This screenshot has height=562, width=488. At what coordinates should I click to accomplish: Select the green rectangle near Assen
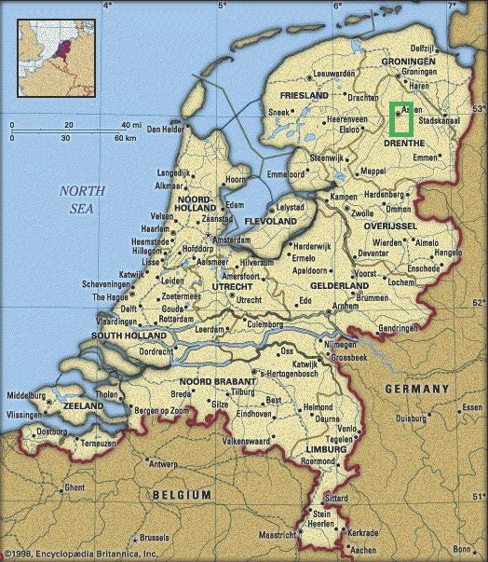click(402, 118)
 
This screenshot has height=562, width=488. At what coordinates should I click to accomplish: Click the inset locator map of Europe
click(52, 52)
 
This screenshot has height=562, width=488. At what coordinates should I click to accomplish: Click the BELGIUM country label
click(180, 494)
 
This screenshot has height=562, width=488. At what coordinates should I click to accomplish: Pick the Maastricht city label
click(278, 536)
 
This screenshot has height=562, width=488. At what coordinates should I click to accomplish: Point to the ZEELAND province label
click(83, 407)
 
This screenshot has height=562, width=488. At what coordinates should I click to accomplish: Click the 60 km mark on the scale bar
click(125, 138)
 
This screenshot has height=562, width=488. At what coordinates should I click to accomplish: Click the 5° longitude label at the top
click(222, 6)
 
